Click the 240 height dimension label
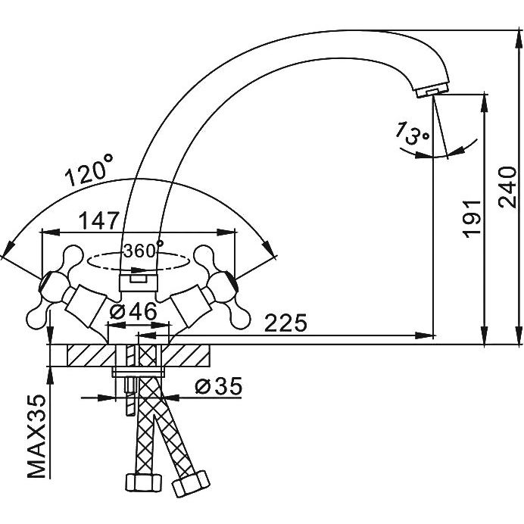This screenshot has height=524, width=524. (507, 187)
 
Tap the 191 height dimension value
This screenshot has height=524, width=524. (473, 219)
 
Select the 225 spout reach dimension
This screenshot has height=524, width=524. (285, 323)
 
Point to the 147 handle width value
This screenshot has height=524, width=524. (99, 220)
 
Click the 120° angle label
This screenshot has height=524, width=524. (89, 170)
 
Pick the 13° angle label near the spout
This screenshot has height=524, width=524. (412, 133)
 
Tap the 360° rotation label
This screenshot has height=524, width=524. (143, 250)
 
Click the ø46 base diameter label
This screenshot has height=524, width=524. (133, 311)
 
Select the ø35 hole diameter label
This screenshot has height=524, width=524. (218, 386)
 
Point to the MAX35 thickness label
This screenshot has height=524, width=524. (36, 436)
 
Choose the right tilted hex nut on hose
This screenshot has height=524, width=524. (190, 483)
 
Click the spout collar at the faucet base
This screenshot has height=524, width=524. (138, 282)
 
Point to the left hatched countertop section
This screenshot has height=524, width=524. (91, 355)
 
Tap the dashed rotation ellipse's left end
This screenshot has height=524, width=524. (87, 260)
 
